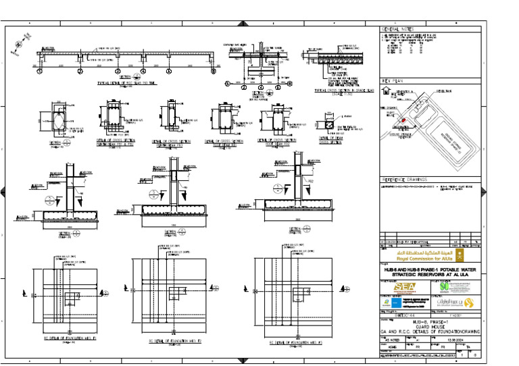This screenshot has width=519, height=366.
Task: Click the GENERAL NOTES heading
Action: click(x=397, y=30)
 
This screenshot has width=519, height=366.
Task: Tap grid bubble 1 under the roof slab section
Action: click(x=39, y=70)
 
